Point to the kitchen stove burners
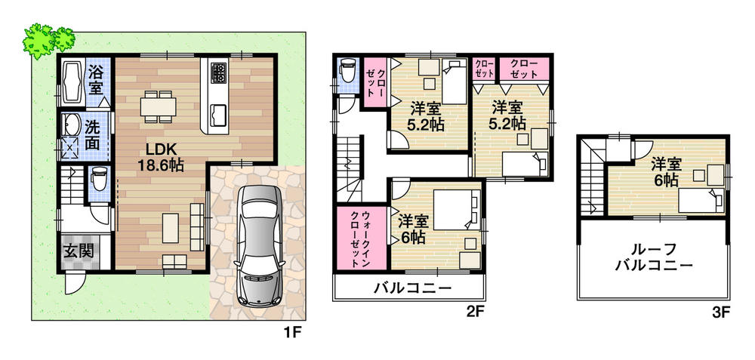point(218,73)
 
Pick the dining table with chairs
point(158,106)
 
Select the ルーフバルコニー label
point(654,257)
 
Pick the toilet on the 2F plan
point(347,72)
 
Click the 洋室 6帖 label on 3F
point(664,171)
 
